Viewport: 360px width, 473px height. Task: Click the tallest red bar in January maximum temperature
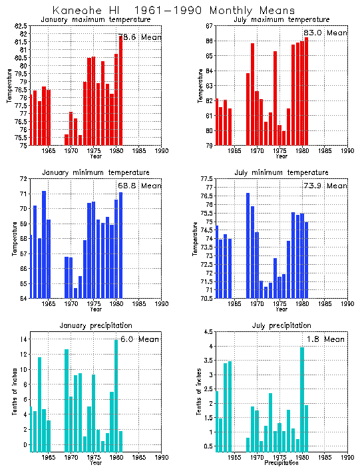point(120,90)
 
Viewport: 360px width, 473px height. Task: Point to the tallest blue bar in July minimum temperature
point(248,245)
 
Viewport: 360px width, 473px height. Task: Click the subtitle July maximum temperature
point(281,19)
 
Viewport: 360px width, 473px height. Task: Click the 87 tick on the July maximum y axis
point(208,26)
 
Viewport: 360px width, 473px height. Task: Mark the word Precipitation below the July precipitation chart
point(282,462)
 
